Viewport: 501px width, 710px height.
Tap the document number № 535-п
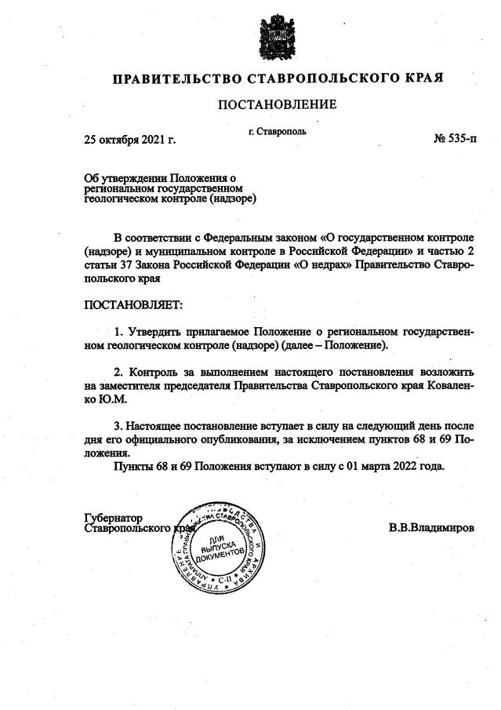tap(454, 140)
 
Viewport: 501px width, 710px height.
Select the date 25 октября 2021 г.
tap(129, 141)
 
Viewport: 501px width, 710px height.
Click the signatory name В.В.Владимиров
tap(430, 528)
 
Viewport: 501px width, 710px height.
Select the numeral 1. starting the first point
tap(119, 331)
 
